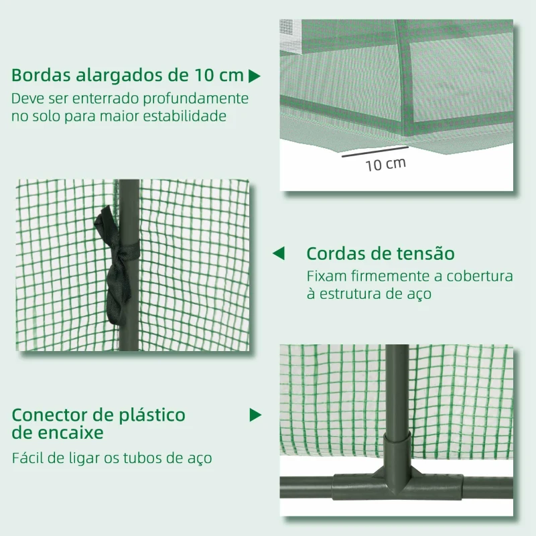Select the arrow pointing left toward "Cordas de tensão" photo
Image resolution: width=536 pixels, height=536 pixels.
point(278,254)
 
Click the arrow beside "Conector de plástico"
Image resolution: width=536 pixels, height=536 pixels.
point(255,415)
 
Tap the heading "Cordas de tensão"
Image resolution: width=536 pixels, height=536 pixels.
point(381,254)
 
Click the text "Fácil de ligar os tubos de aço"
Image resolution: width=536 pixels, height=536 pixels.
point(112,459)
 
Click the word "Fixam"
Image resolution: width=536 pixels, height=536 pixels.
point(327,276)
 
